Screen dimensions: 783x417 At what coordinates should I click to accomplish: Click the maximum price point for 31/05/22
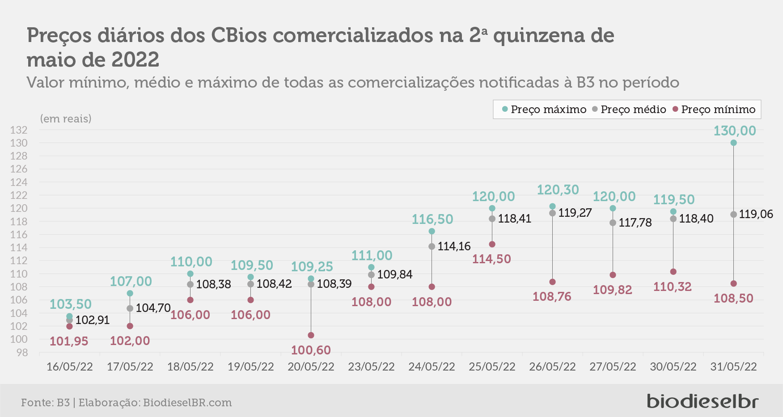point(733,143)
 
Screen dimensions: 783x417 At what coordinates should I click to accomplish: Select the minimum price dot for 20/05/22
point(311,335)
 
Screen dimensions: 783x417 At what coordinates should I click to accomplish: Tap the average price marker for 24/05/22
point(432,247)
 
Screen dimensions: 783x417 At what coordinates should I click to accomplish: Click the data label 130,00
point(734,131)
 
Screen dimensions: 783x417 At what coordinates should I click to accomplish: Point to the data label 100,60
point(311,350)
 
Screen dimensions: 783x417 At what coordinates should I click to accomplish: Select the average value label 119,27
point(575,213)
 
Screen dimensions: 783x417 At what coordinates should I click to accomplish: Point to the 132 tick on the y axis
point(19,130)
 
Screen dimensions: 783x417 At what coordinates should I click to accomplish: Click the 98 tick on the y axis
point(22,353)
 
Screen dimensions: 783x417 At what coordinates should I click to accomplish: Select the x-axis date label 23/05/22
point(371,367)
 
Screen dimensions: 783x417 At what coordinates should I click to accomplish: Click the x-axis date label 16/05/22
point(69,367)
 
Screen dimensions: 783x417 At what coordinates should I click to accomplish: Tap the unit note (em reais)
point(66,119)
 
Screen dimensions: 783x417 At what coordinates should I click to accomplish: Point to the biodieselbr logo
point(703,401)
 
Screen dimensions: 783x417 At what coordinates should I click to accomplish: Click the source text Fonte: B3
point(45,403)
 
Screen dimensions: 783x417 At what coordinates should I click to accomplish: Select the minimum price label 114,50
point(491,259)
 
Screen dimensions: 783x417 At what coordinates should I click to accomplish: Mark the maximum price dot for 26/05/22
point(552,206)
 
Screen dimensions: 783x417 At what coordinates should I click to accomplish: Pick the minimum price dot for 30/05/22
point(673,272)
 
